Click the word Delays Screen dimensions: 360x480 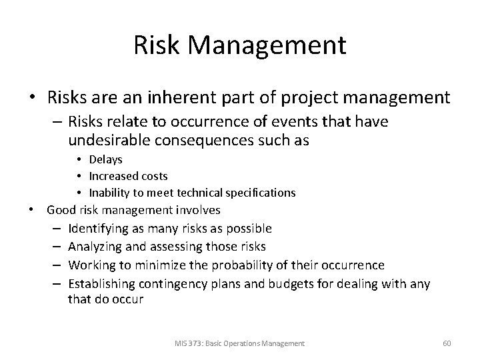[104, 160]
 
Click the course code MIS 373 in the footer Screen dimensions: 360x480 [187, 343]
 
